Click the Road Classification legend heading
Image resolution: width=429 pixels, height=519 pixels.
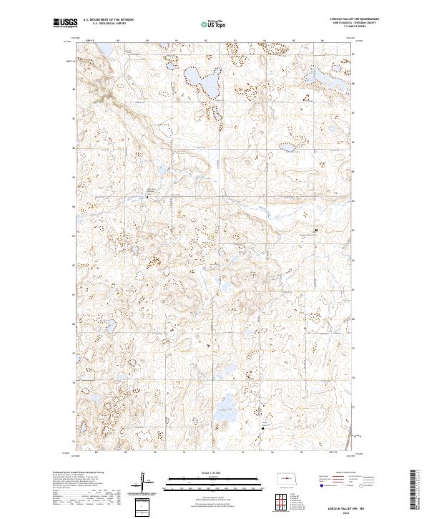[342, 474]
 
